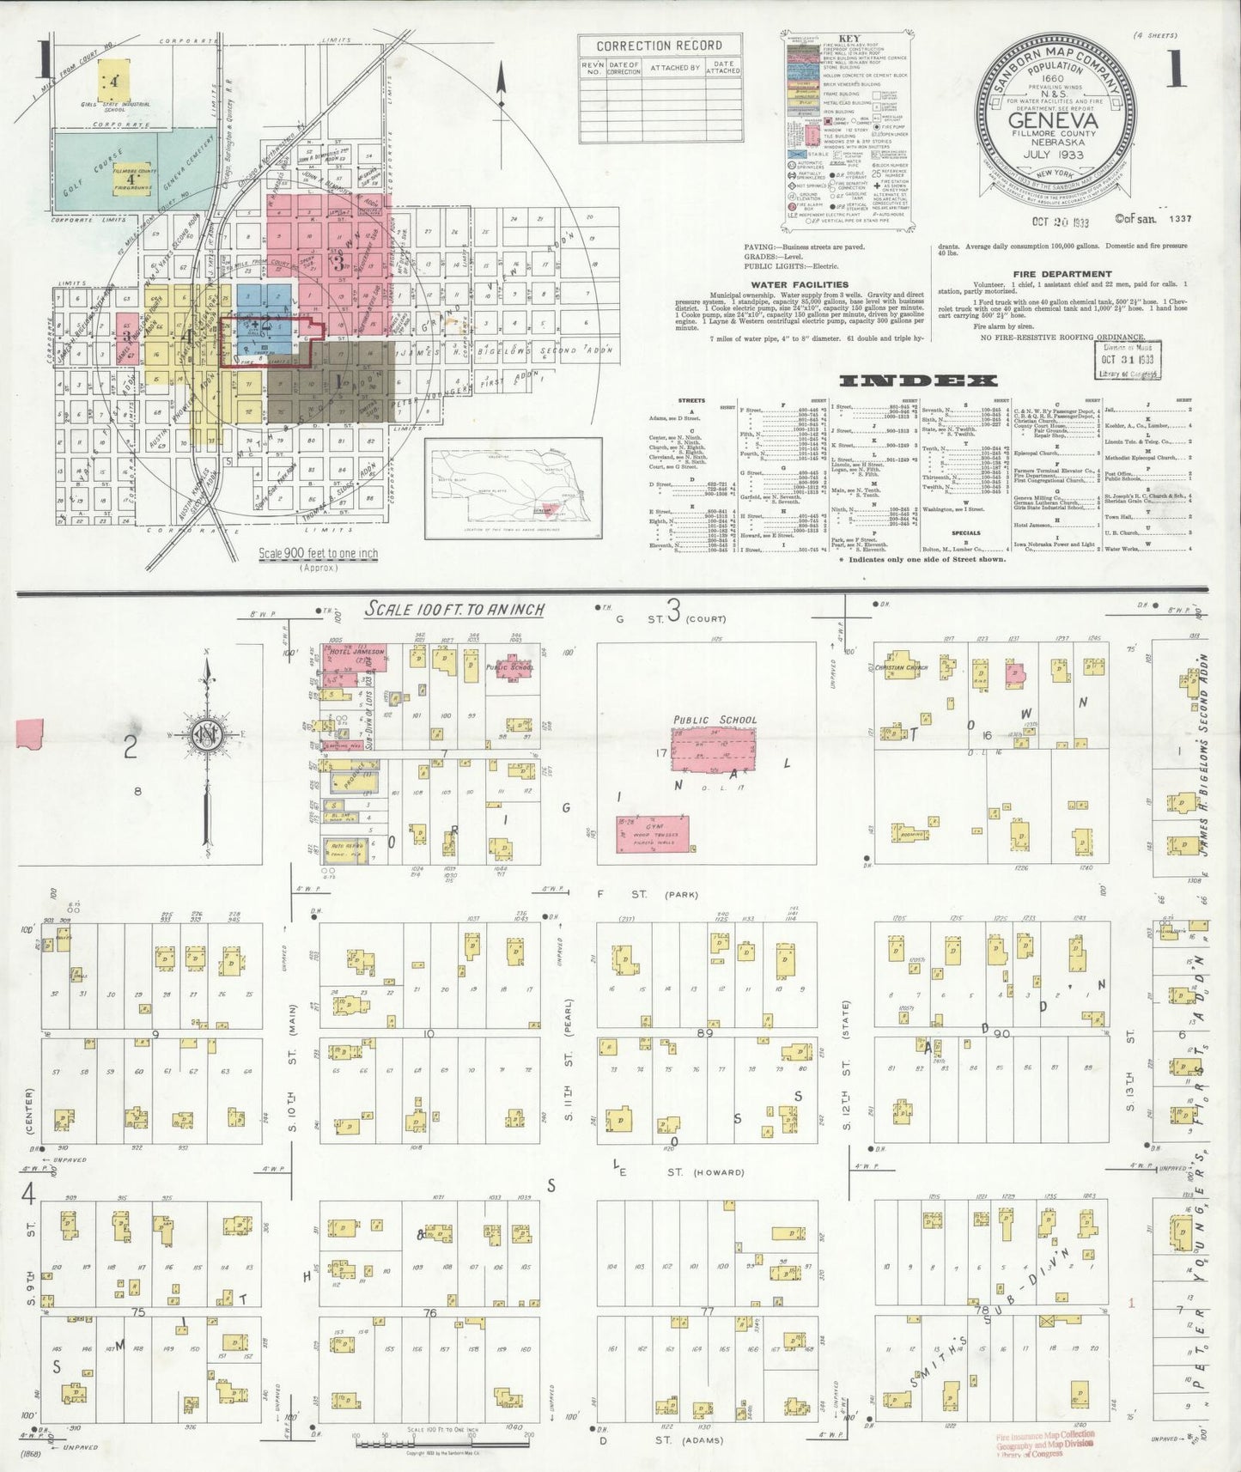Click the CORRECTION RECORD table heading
647,46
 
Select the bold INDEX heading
917,380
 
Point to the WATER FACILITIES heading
800,283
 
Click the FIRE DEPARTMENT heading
1062,274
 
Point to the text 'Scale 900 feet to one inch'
319,554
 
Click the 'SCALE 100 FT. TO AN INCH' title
455,609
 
